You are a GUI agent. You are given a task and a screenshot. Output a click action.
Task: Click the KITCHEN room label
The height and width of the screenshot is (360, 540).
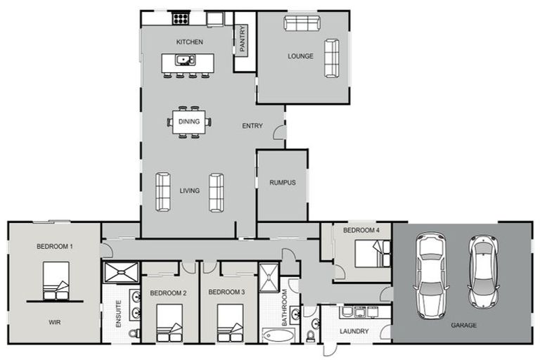click(x=189, y=42)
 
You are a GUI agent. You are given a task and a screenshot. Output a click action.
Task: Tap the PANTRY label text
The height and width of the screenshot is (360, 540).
click(x=243, y=40)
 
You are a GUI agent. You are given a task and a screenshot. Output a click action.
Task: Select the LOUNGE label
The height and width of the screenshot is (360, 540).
click(x=300, y=56)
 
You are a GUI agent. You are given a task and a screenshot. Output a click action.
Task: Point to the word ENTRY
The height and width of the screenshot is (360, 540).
click(x=252, y=127)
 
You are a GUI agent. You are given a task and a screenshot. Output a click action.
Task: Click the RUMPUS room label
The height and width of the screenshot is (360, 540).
click(x=282, y=183)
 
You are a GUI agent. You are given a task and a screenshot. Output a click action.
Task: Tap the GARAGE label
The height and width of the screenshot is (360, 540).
click(x=463, y=326)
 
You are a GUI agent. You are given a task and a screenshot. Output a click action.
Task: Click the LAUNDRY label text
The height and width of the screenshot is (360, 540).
click(x=354, y=331)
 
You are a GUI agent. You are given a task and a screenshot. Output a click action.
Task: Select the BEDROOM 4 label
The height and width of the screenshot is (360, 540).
click(x=361, y=231)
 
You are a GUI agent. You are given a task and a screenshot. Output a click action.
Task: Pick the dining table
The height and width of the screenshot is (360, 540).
click(x=188, y=122)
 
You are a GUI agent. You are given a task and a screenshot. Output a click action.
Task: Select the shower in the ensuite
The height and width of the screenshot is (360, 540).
click(x=121, y=271)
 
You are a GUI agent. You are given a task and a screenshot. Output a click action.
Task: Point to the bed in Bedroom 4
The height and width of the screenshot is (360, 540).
click(x=372, y=254)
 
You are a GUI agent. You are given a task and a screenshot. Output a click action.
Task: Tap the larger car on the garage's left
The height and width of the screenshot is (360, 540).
click(x=432, y=274)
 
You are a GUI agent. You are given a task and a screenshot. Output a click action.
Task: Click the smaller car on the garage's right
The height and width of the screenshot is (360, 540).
click(x=484, y=271)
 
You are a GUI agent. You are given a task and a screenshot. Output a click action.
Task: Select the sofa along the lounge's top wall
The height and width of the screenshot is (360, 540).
click(x=302, y=23)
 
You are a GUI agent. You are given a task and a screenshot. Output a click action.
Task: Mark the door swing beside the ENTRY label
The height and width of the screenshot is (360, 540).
click(x=279, y=131)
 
